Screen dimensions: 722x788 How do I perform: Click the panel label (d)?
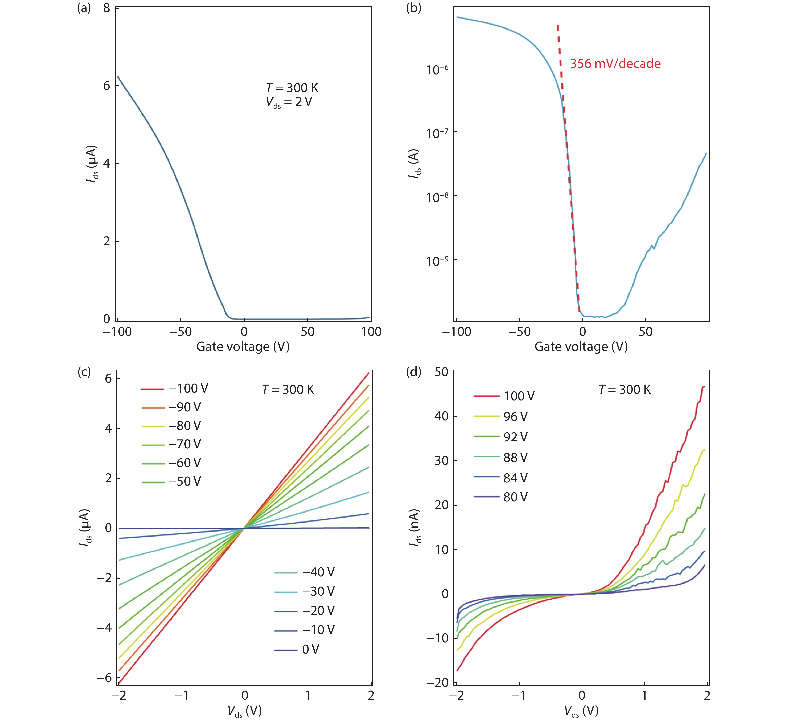tap(414, 372)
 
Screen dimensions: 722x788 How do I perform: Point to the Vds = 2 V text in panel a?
tap(289, 102)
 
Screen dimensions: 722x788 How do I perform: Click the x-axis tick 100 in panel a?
tap(371, 332)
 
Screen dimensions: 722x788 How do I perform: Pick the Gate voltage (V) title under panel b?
tap(581, 347)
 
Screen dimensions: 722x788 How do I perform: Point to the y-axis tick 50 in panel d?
tap(441, 372)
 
